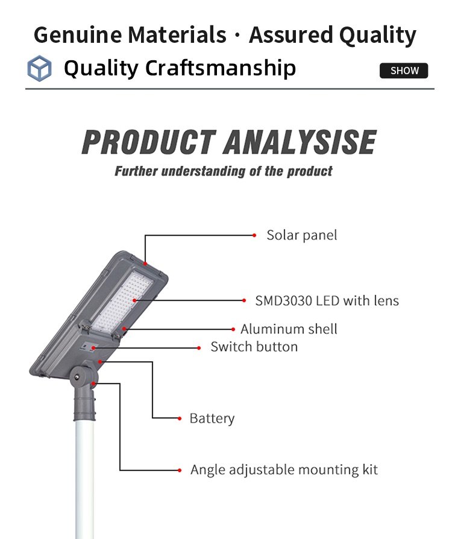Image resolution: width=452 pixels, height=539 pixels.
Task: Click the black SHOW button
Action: [404, 71]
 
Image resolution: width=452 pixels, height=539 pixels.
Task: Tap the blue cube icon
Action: [40, 68]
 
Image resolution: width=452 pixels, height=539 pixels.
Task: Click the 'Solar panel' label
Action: [302, 236]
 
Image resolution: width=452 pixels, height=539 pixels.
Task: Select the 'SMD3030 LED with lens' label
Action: [327, 301]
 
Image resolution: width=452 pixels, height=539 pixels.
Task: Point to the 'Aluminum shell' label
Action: [289, 329]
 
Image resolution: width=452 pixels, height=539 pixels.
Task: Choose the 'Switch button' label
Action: [254, 347]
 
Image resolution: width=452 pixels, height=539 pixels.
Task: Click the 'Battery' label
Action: [212, 418]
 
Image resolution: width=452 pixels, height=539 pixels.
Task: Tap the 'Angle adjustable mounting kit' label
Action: [284, 470]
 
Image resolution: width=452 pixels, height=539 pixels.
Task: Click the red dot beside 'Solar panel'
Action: [254, 236]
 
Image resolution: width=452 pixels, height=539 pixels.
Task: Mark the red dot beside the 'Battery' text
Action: [180, 418]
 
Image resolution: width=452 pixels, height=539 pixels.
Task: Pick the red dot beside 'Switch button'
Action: [199, 348]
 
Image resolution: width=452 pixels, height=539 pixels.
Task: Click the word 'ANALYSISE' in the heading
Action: [300, 142]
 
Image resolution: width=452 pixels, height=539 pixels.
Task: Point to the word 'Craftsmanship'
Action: [221, 68]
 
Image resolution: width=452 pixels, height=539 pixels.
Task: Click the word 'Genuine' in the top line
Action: [78, 35]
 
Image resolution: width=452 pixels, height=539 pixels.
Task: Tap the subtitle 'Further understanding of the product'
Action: [224, 171]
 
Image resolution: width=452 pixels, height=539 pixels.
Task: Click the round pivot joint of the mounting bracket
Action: [80, 377]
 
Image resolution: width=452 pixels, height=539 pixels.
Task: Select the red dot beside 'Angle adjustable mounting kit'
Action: [180, 470]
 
